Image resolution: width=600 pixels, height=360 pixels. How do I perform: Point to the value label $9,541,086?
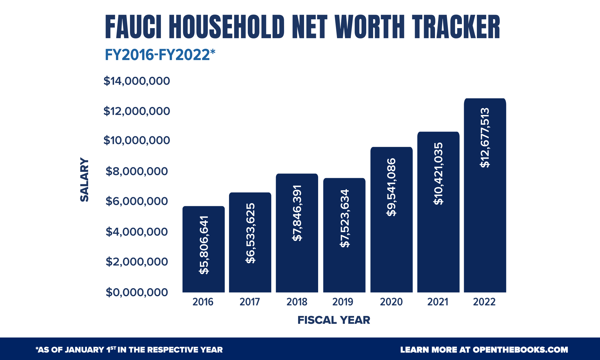(391, 187)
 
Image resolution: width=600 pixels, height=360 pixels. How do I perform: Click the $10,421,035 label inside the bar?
(438, 173)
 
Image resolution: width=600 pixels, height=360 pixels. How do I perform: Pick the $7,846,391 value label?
(297, 213)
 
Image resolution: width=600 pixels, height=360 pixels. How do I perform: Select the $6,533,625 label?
(250, 233)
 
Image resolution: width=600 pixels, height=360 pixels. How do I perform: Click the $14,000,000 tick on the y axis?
(137, 81)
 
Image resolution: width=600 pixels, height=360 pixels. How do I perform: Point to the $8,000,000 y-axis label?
(137, 171)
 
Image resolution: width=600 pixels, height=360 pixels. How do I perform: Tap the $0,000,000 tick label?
(137, 292)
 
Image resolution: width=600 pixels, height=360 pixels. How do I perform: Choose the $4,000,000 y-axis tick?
(137, 232)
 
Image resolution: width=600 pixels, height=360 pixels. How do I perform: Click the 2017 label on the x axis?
(250, 302)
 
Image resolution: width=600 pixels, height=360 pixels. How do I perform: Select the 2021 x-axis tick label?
(437, 302)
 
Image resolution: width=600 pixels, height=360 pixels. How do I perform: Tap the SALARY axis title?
(84, 180)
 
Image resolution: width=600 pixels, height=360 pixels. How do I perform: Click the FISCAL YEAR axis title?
(333, 320)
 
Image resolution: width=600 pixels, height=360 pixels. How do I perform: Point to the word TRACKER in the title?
(456, 27)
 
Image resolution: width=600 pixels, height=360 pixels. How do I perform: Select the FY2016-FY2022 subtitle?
(160, 55)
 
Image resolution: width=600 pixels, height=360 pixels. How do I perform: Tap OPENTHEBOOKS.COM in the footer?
(520, 350)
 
